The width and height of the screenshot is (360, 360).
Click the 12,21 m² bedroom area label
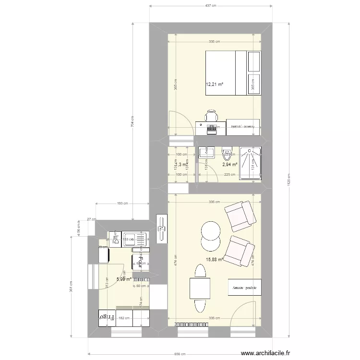pos(215,84)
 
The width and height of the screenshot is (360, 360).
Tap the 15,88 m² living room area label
pos(215,260)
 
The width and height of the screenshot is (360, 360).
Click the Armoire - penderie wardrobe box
pos(245,288)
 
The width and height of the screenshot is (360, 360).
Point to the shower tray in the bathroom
pos(250,163)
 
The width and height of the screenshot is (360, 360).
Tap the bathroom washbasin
pos(207,153)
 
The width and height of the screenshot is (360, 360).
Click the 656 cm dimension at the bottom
pos(180,354)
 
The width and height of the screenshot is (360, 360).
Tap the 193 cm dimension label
pos(122,204)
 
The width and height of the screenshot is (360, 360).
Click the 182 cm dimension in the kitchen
pos(122,318)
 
